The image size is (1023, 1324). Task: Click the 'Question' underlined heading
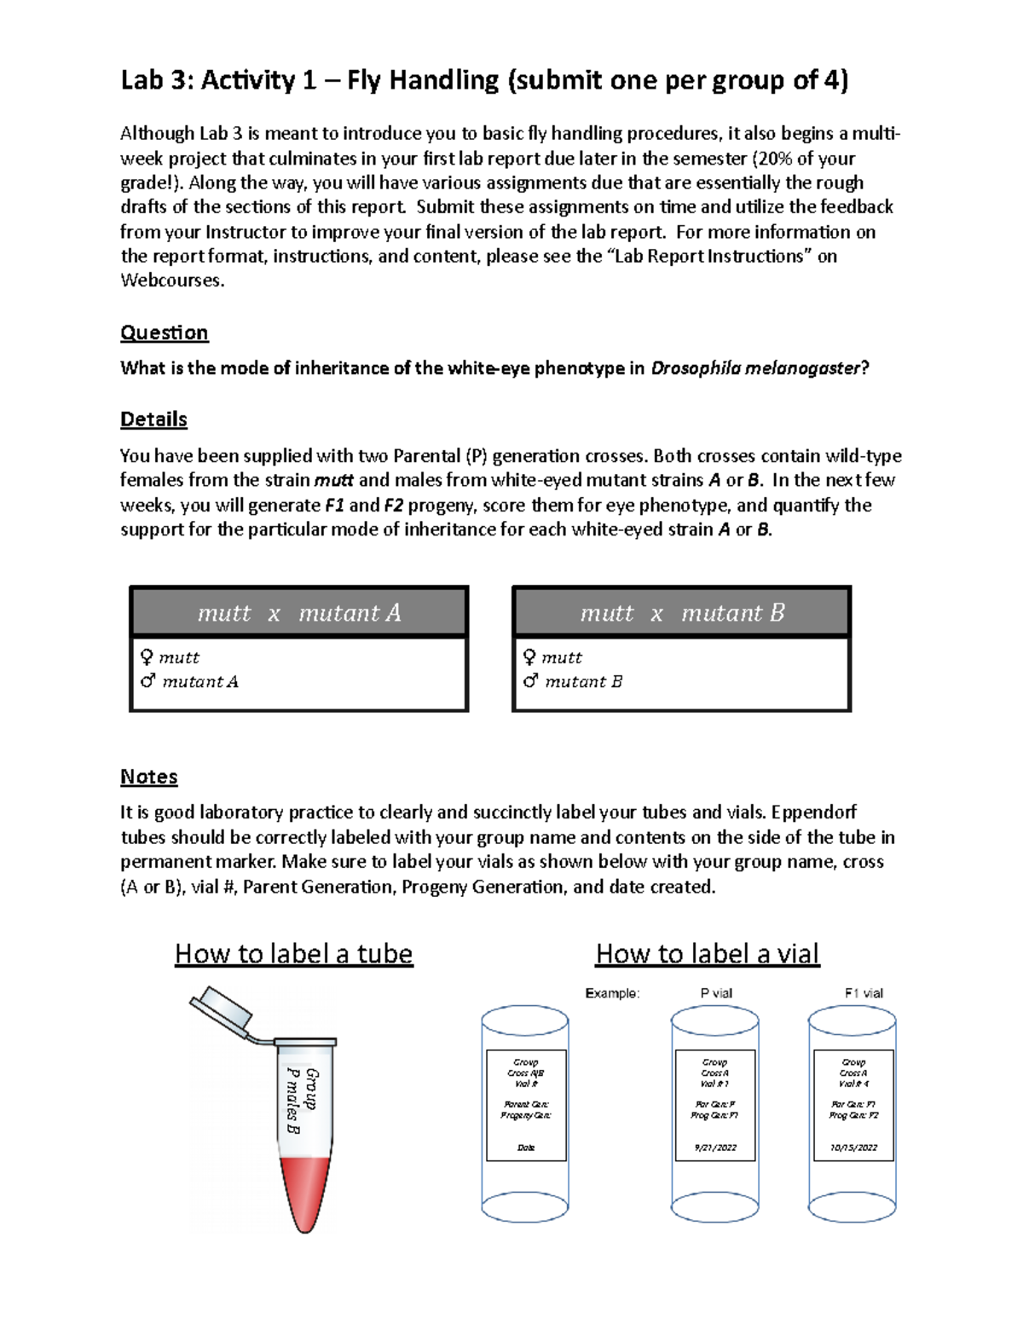(164, 332)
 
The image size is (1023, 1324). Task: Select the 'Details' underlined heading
(153, 419)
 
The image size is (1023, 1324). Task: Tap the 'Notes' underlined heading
(148, 777)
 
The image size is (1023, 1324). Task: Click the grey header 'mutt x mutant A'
(298, 613)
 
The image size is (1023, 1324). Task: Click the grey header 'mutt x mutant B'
(681, 613)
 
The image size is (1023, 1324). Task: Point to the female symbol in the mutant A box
(147, 657)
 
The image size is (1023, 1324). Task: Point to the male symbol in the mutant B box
(530, 681)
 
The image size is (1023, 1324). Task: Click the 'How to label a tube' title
(293, 953)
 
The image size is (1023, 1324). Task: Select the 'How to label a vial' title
(707, 953)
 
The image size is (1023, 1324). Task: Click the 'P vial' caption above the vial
(715, 993)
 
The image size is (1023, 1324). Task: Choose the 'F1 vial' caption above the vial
(863, 993)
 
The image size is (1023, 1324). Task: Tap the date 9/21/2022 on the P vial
(714, 1148)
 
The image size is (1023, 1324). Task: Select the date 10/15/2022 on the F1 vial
(852, 1148)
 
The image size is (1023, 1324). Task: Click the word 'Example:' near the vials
(612, 993)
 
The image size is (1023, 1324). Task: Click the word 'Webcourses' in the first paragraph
(170, 280)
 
